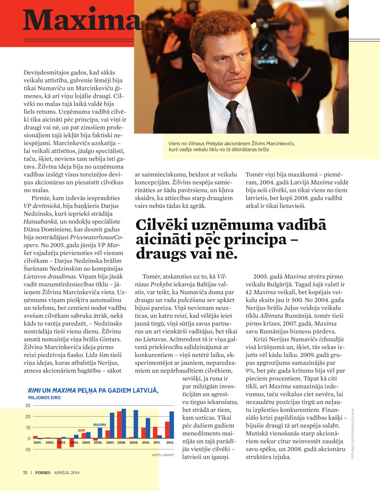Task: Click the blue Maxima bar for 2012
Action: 172,425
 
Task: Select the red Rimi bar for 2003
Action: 59,443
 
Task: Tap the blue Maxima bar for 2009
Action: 135,424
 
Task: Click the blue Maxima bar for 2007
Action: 112,425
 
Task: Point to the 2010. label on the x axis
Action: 146,442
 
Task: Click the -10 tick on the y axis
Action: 27,450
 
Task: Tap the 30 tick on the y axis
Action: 28,405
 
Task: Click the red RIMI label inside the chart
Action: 81,430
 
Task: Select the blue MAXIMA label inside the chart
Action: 99,425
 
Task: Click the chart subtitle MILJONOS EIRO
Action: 44,398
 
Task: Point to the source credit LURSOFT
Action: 168,455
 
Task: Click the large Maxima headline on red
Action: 81,20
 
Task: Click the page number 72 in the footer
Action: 25,473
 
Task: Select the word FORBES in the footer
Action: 43,473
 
